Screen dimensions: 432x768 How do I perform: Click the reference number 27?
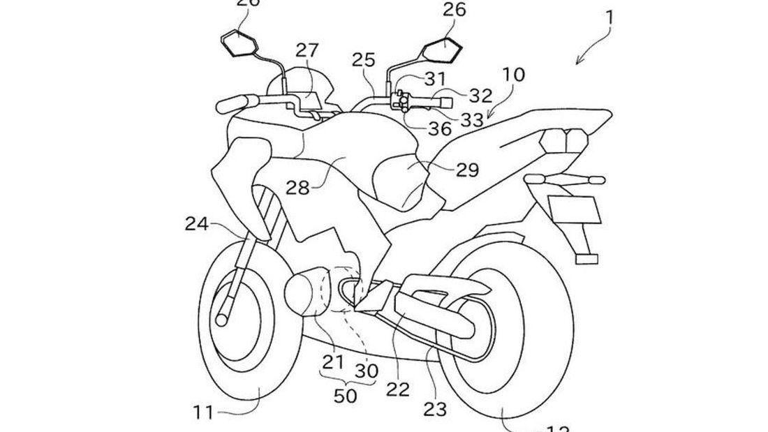pyautogui.click(x=307, y=51)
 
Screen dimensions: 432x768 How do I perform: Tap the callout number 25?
pyautogui.click(x=363, y=61)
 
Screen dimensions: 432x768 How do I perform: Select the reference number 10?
pyautogui.click(x=512, y=75)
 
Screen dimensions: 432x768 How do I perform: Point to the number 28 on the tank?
pyautogui.click(x=297, y=188)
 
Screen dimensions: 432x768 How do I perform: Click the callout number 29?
pyautogui.click(x=467, y=170)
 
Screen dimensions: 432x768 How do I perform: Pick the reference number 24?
pyautogui.click(x=198, y=224)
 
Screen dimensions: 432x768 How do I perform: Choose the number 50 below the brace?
pyautogui.click(x=346, y=396)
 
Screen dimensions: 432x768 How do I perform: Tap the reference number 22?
pyautogui.click(x=399, y=387)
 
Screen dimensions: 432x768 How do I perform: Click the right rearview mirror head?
pyautogui.click(x=441, y=48)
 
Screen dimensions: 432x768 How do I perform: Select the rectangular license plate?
pyautogui.click(x=573, y=207)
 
